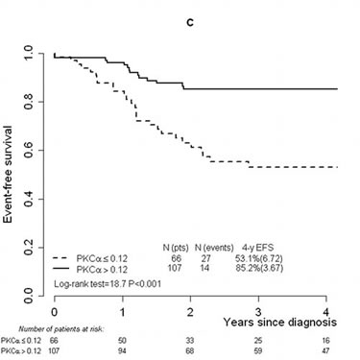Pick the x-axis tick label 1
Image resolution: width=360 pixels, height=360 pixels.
click(x=123, y=314)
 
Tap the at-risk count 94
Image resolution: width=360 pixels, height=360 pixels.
click(x=123, y=351)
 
